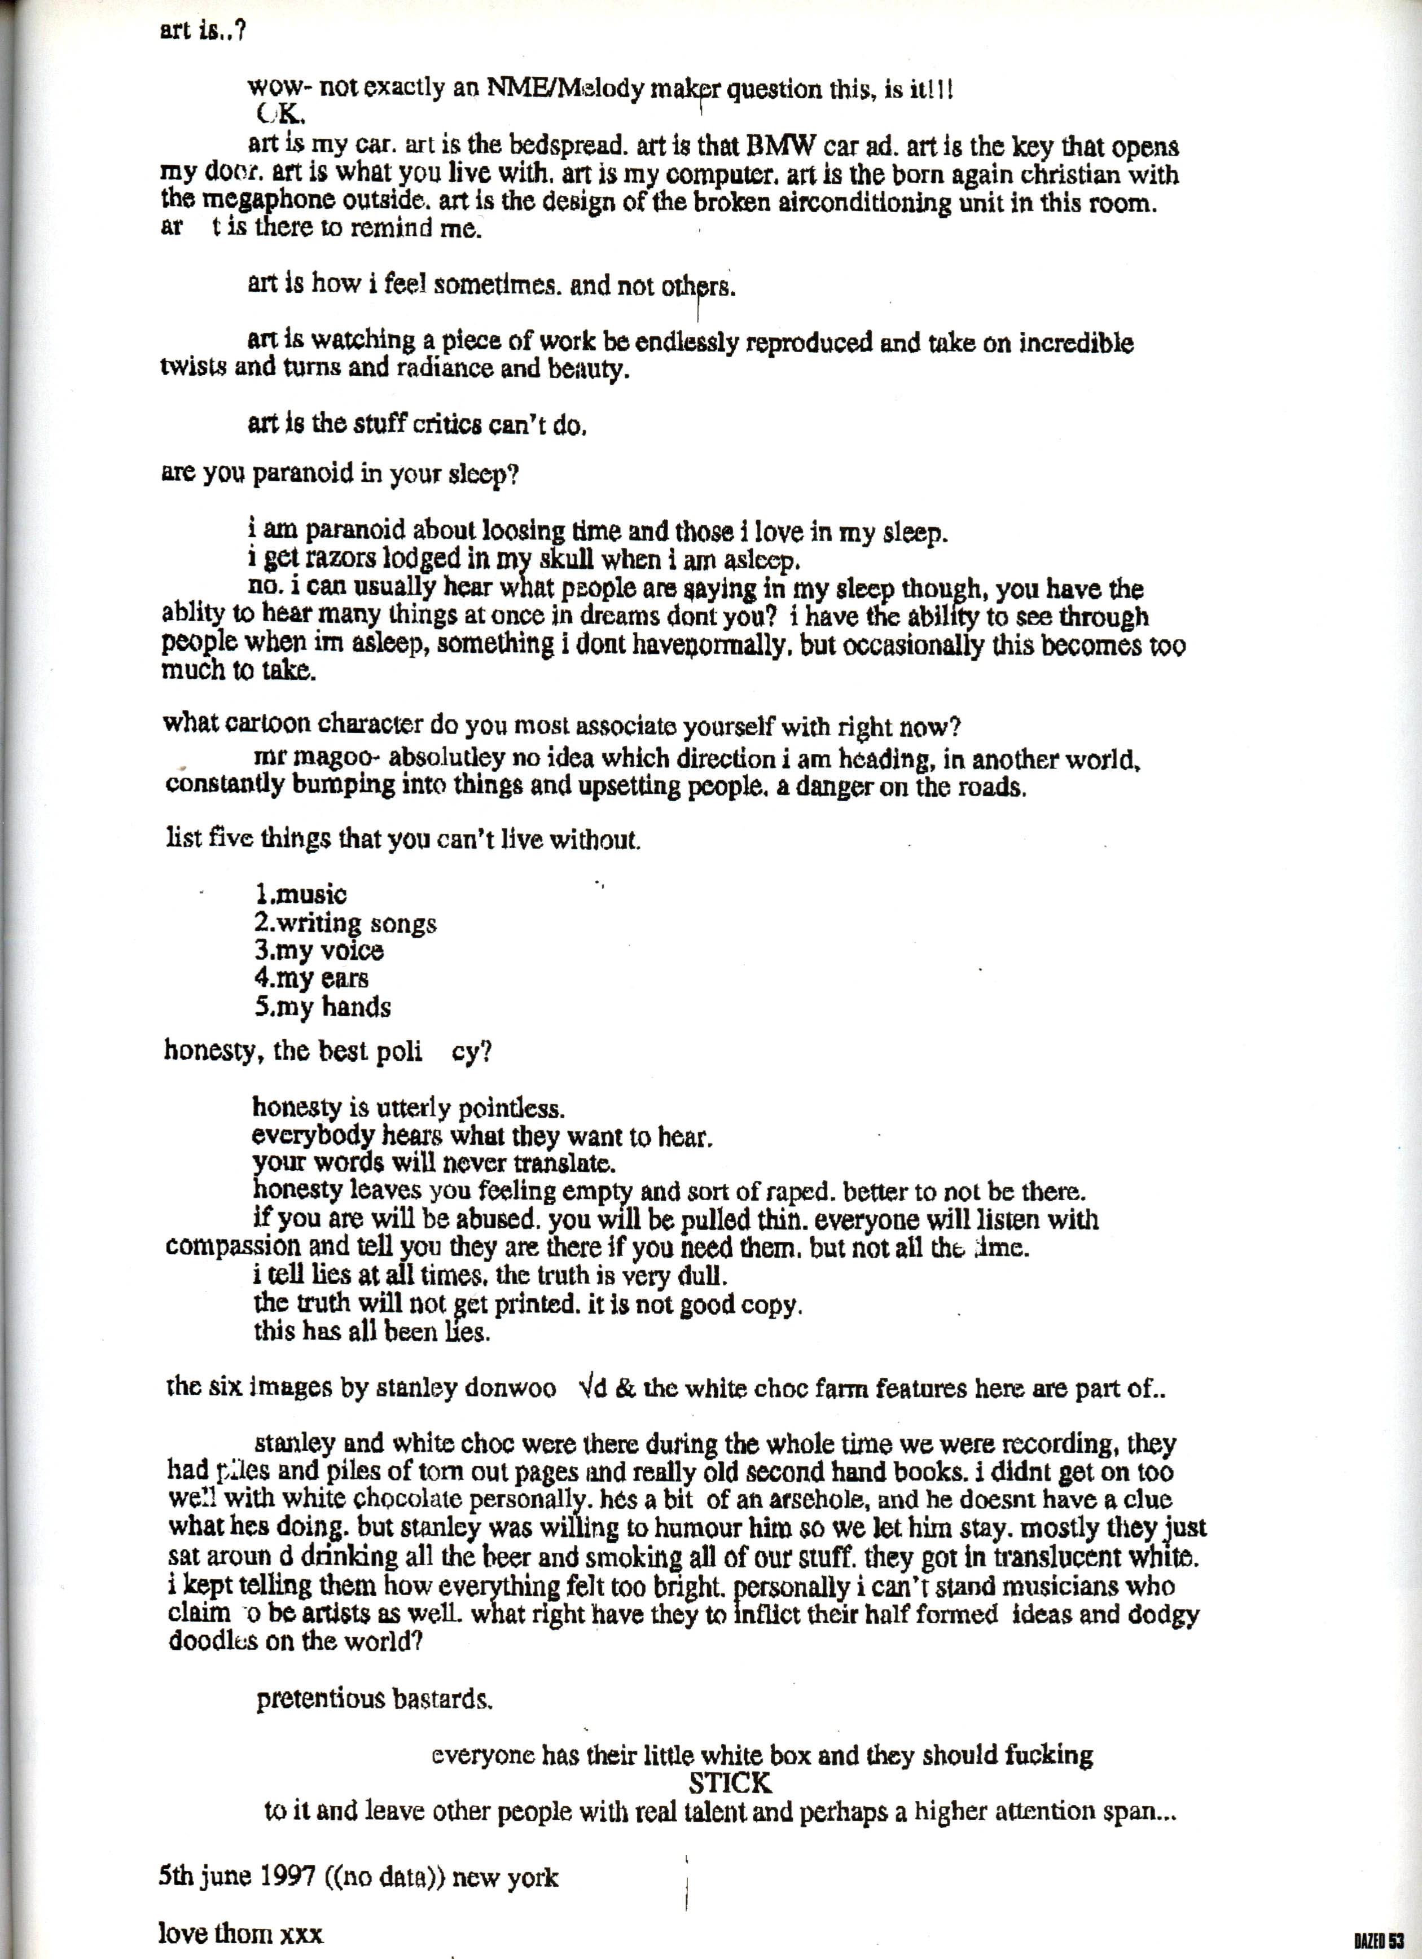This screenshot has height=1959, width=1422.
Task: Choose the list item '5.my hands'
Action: point(322,1007)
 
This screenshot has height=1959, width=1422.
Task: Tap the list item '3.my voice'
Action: point(318,951)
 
